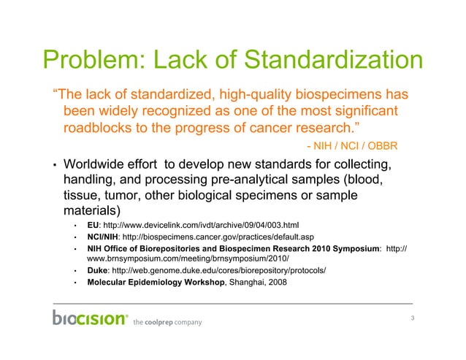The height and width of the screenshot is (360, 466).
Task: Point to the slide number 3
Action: [x=413, y=317]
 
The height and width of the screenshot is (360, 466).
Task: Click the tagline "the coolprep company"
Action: [x=167, y=322]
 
